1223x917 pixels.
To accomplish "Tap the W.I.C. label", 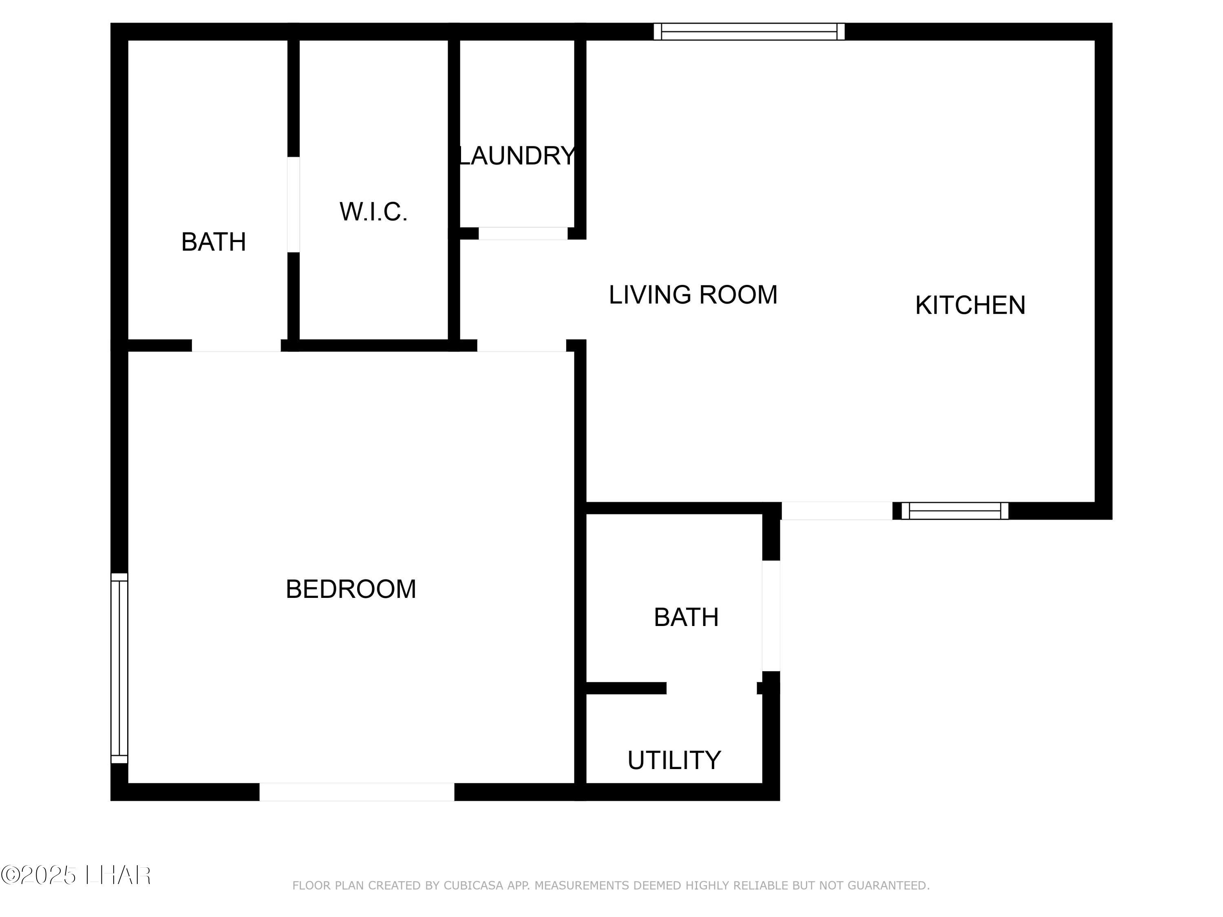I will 374,212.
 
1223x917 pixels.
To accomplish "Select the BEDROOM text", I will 351,589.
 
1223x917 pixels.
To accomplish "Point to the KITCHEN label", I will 970,305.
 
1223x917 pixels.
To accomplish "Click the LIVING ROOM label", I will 693,295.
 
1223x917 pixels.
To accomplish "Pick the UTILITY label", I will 674,760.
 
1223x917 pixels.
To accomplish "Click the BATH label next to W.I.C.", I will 214,242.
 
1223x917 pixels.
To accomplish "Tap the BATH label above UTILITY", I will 686,617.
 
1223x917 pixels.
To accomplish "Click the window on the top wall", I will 749,31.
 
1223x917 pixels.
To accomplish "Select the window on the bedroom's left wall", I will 119,669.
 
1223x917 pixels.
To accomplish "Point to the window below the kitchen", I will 955,511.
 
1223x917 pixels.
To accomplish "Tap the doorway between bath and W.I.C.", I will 294,205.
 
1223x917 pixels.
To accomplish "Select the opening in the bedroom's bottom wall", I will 357,792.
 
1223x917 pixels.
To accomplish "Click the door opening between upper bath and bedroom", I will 236,346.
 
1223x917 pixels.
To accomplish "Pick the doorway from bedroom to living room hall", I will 521,346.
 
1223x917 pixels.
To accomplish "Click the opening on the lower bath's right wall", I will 771,616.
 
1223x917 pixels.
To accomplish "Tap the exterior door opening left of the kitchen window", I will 837,511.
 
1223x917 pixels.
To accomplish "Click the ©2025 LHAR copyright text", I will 76,875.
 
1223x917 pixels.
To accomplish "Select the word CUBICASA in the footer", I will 473,886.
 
